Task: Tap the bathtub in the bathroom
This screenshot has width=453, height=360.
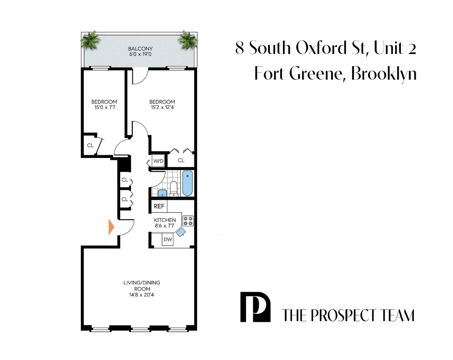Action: [x=187, y=183]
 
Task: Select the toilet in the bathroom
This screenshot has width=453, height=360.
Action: [x=174, y=188]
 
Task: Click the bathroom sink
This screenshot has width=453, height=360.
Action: [x=162, y=193]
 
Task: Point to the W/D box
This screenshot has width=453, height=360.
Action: [x=158, y=161]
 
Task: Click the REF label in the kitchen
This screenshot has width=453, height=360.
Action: [x=159, y=207]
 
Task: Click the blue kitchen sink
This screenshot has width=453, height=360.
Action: [x=181, y=232]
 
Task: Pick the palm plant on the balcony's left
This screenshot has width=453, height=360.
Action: [x=90, y=40]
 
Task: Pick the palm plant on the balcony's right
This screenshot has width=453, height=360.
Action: [x=187, y=40]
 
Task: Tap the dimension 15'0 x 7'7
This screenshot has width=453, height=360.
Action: [x=103, y=108]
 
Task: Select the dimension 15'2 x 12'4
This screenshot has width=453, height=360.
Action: [x=162, y=108]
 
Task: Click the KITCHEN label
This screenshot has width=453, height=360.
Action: [x=165, y=220]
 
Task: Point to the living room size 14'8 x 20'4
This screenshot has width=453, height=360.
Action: [x=141, y=295]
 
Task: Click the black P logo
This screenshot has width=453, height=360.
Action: [x=255, y=307]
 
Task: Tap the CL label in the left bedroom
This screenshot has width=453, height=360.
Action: [x=90, y=145]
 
